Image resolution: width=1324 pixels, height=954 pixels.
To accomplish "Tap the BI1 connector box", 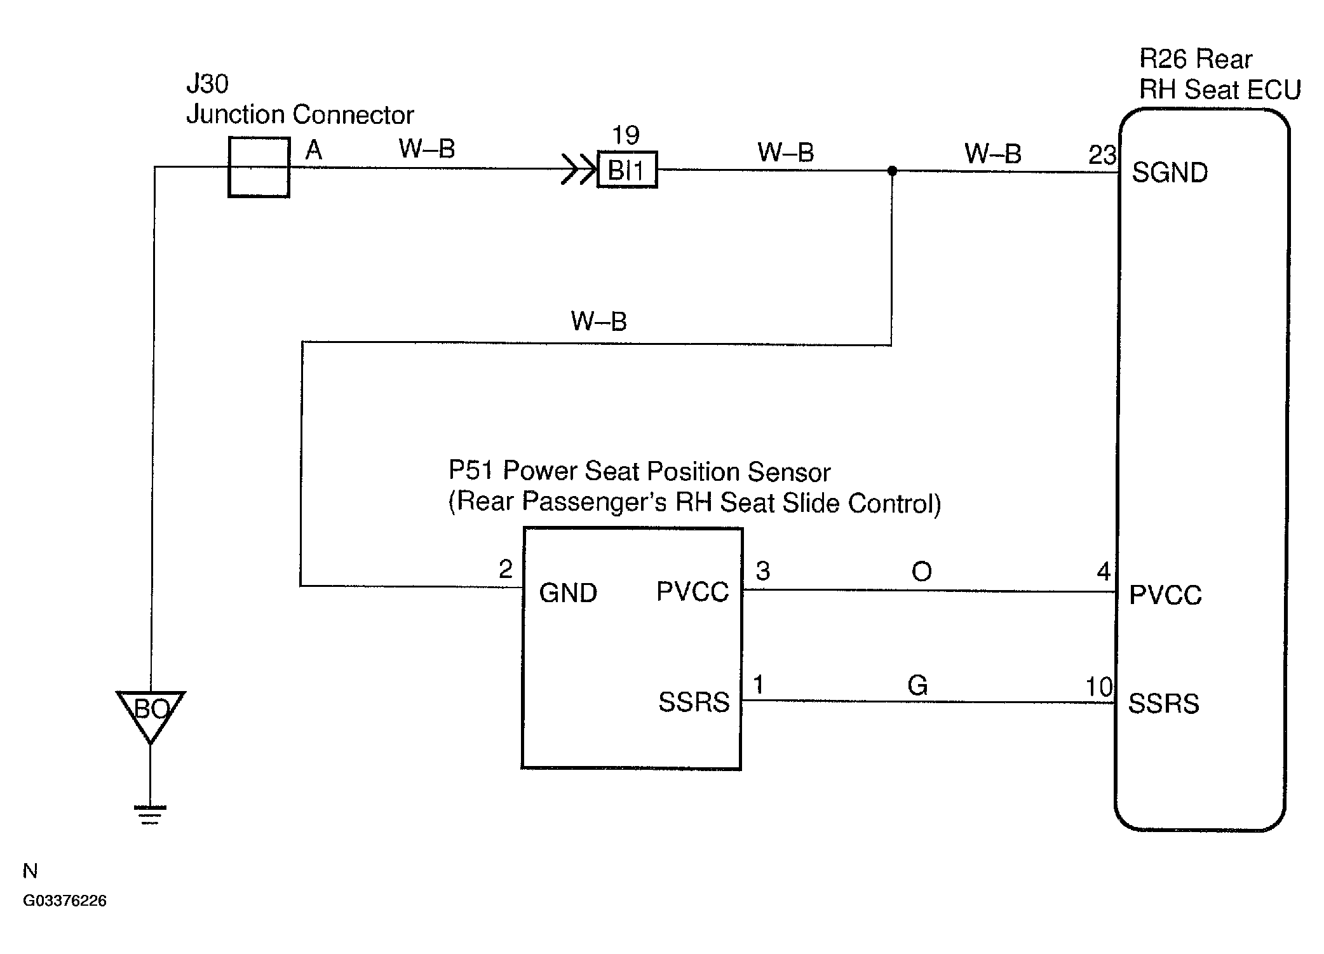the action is click(627, 170).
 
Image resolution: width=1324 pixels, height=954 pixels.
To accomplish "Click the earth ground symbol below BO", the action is click(150, 815).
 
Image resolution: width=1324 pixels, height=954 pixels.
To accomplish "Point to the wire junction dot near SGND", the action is click(892, 171).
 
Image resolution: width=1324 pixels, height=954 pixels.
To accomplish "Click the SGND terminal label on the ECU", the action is click(1170, 173).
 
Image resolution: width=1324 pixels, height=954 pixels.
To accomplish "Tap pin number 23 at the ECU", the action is click(1102, 155).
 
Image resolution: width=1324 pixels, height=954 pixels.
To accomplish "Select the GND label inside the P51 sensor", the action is click(568, 593).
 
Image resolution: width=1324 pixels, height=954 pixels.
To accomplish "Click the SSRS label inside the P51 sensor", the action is click(694, 702).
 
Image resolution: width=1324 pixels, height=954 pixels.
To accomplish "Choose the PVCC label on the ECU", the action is click(1165, 595).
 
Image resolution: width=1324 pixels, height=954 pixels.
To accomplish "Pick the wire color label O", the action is click(921, 572).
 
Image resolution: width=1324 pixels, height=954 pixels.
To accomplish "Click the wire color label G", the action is click(917, 685).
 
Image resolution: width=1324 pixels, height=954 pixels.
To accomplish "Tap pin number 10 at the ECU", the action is click(1099, 687).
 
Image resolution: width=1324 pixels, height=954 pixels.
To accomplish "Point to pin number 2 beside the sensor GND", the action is click(506, 569).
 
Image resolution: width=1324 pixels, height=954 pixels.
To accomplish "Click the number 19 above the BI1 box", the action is click(626, 135).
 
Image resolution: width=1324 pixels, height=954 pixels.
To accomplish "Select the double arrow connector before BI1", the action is click(578, 170).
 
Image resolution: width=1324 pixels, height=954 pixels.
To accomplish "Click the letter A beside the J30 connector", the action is click(314, 151).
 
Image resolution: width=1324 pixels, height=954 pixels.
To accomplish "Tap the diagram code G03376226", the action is click(65, 901).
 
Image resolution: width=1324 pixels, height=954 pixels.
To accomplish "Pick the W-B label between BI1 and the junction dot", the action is click(786, 152).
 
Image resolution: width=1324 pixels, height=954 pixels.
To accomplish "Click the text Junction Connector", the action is click(300, 114).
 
